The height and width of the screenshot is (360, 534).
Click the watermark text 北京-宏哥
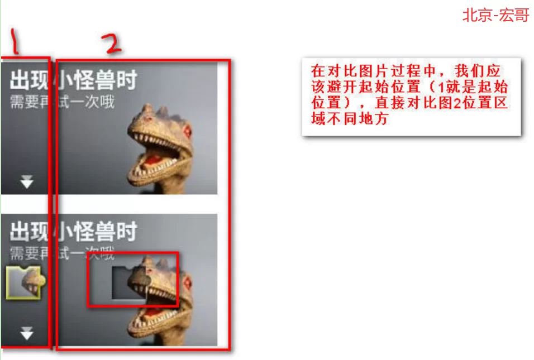(495, 15)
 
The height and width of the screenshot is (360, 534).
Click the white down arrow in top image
(26, 182)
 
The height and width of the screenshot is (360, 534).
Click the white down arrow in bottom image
(26, 333)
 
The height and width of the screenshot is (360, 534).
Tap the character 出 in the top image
(20, 81)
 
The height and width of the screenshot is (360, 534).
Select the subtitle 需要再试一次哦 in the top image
(61, 102)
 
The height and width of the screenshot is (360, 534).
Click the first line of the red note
(407, 72)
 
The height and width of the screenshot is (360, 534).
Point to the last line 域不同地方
(350, 119)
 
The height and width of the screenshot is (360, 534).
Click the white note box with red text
(411, 96)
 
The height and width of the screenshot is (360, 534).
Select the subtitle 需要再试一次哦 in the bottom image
(61, 254)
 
